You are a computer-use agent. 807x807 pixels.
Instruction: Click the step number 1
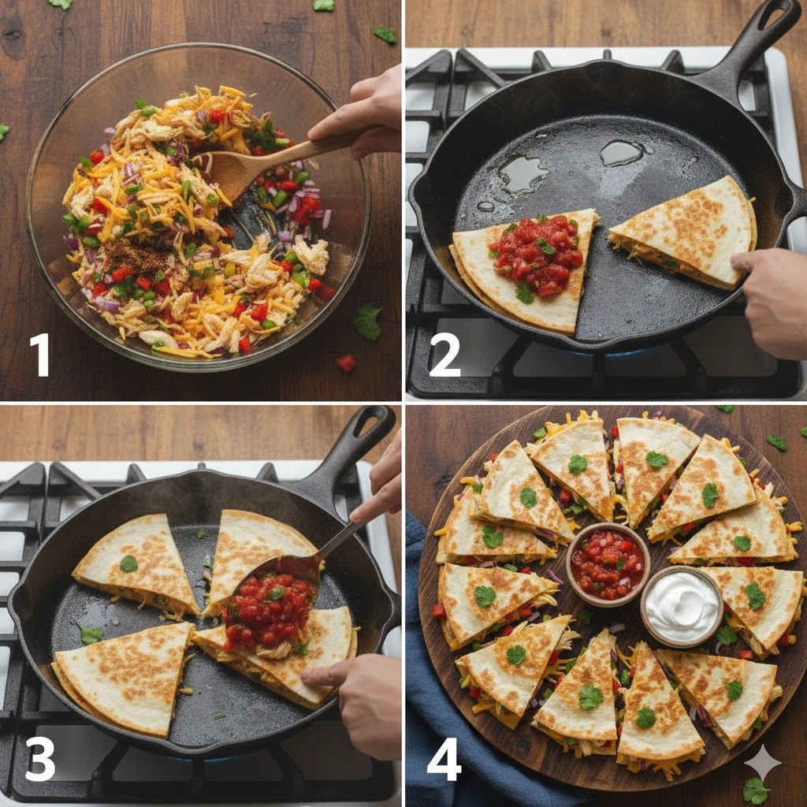[39, 355]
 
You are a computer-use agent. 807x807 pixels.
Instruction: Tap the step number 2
[444, 355]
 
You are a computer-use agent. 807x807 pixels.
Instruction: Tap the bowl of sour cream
[682, 607]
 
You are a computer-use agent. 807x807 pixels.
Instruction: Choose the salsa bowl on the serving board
[608, 564]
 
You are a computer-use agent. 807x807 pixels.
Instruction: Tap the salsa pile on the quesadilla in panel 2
[537, 255]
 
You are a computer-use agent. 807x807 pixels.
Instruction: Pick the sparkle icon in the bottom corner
[762, 763]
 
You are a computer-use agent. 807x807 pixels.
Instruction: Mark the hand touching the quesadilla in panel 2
[772, 301]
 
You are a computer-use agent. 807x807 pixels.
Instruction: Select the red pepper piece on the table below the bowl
[347, 363]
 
